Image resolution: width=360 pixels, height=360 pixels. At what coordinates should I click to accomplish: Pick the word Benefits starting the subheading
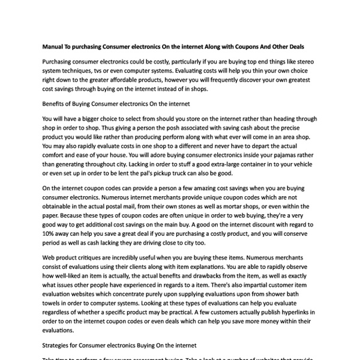click(58, 104)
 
